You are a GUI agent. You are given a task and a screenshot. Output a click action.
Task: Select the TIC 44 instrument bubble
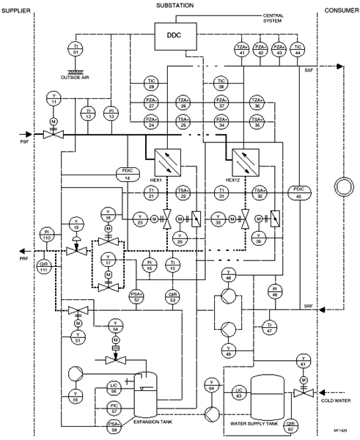297,50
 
